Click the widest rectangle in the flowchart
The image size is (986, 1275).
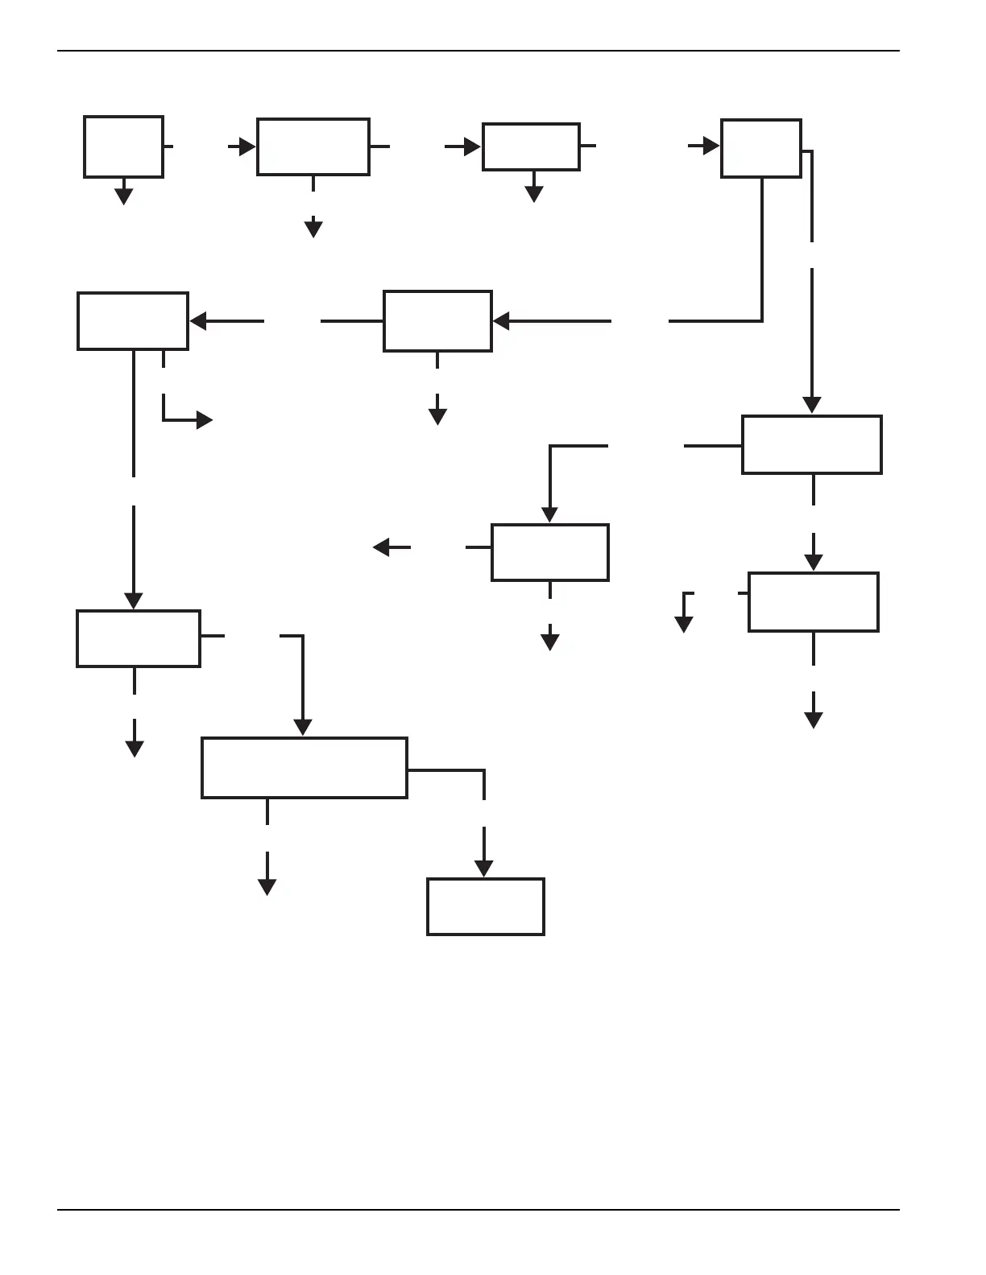pyautogui.click(x=304, y=767)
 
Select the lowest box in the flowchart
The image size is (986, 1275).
pyautogui.click(x=485, y=906)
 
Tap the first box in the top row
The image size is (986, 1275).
pyautogui.click(x=123, y=146)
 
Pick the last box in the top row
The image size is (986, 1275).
pyautogui.click(x=760, y=148)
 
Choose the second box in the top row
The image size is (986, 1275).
pyautogui.click(x=313, y=146)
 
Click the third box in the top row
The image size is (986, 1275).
pyautogui.click(x=531, y=146)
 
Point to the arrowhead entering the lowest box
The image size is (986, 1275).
pyautogui.click(x=483, y=869)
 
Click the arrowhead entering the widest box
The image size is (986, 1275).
pyautogui.click(x=302, y=727)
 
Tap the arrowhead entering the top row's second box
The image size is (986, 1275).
pyautogui.click(x=246, y=146)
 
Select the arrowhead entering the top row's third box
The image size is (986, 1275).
pyautogui.click(x=472, y=146)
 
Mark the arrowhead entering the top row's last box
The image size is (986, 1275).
pyautogui.click(x=710, y=146)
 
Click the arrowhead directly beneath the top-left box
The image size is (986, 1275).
pyautogui.click(x=123, y=196)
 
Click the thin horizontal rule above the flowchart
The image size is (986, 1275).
pyautogui.click(x=478, y=51)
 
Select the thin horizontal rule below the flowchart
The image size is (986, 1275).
pyautogui.click(x=478, y=1209)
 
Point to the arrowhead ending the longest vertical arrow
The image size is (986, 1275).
pyautogui.click(x=812, y=405)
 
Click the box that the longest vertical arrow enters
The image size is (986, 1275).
pyautogui.click(x=811, y=444)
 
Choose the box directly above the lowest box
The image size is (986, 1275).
pyautogui.click(x=304, y=767)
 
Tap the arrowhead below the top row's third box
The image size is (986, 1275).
pyautogui.click(x=533, y=194)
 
